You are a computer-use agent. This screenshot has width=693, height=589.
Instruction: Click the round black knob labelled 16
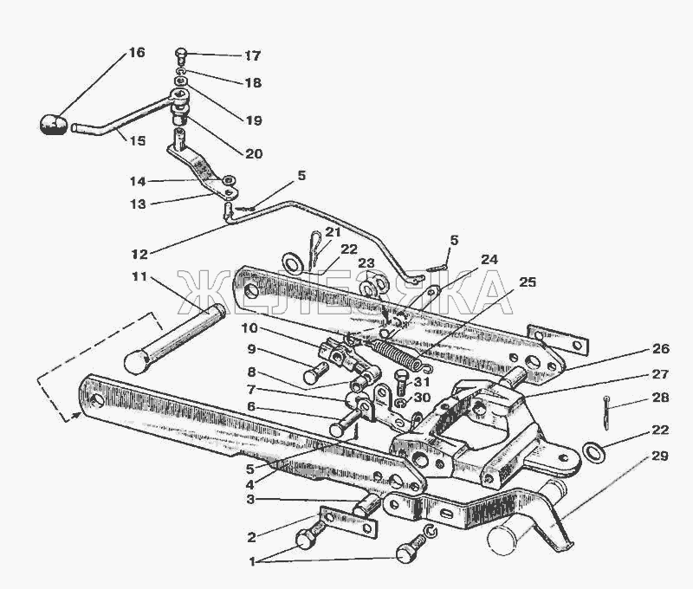point(53,124)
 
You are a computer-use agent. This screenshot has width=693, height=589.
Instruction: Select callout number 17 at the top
point(253,55)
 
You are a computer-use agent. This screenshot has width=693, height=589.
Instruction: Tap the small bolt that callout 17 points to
point(181,55)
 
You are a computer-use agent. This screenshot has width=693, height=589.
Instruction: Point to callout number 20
point(254,154)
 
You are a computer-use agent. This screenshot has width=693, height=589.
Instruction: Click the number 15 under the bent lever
point(138,140)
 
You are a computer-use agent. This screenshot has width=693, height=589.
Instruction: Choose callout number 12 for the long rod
point(139,254)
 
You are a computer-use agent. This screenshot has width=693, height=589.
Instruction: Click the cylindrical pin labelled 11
point(175,338)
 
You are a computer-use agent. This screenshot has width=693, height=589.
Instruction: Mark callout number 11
point(139,277)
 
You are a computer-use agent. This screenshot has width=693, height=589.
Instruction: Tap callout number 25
point(528,282)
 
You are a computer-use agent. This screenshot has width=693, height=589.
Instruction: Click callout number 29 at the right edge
point(660,456)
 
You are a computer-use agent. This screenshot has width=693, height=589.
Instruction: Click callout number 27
point(660,375)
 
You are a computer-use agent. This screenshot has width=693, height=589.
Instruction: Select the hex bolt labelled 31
point(402,383)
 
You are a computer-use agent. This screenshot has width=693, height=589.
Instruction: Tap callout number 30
point(421,398)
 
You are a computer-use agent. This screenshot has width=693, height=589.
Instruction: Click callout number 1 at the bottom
point(252,562)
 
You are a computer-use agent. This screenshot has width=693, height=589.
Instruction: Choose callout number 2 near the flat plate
point(251,537)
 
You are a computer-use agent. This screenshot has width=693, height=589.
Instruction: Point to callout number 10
point(249,328)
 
